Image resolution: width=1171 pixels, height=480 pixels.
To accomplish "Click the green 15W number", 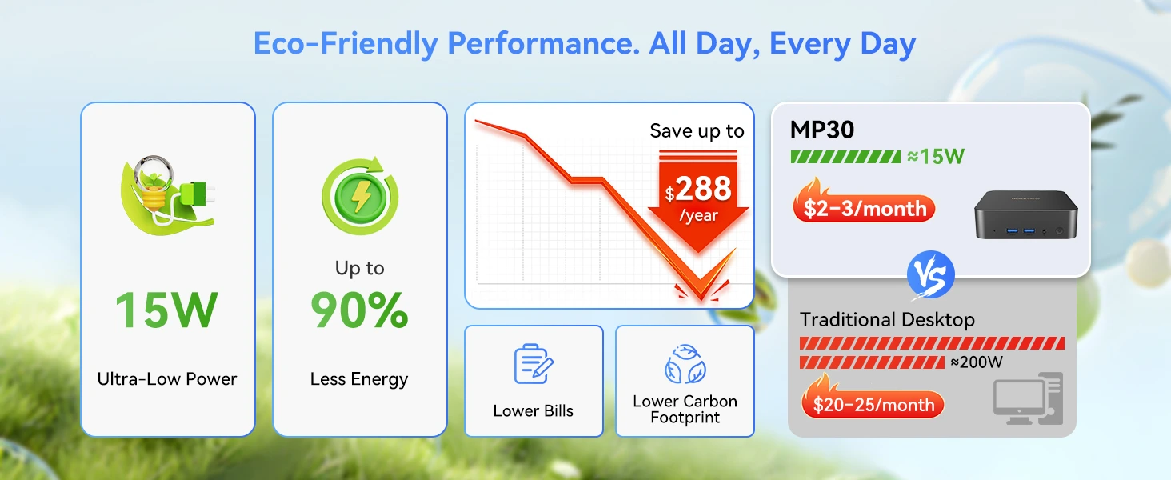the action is [166, 310].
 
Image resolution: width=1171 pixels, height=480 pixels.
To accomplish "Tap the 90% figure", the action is [359, 310].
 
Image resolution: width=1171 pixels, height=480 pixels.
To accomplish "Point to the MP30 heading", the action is [821, 130].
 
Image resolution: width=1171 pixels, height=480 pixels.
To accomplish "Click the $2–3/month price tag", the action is [864, 207].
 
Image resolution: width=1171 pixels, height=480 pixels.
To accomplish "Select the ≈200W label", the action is [977, 362].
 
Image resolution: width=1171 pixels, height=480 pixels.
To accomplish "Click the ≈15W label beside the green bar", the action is [936, 156].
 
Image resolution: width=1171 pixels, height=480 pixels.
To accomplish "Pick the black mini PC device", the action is [1025, 215].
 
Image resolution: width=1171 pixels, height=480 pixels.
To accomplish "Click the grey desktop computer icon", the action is [1029, 398].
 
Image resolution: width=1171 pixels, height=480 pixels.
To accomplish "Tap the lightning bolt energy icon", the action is [360, 196].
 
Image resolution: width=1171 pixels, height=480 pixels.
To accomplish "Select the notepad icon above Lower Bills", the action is [534, 364].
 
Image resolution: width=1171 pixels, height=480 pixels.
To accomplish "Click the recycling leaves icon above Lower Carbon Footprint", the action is [685, 364].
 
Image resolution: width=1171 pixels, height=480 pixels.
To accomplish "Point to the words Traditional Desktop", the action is [887, 319].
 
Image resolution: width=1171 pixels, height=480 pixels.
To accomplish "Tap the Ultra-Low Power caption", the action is [166, 378].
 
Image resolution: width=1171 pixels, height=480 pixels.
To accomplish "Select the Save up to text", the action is [697, 130].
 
